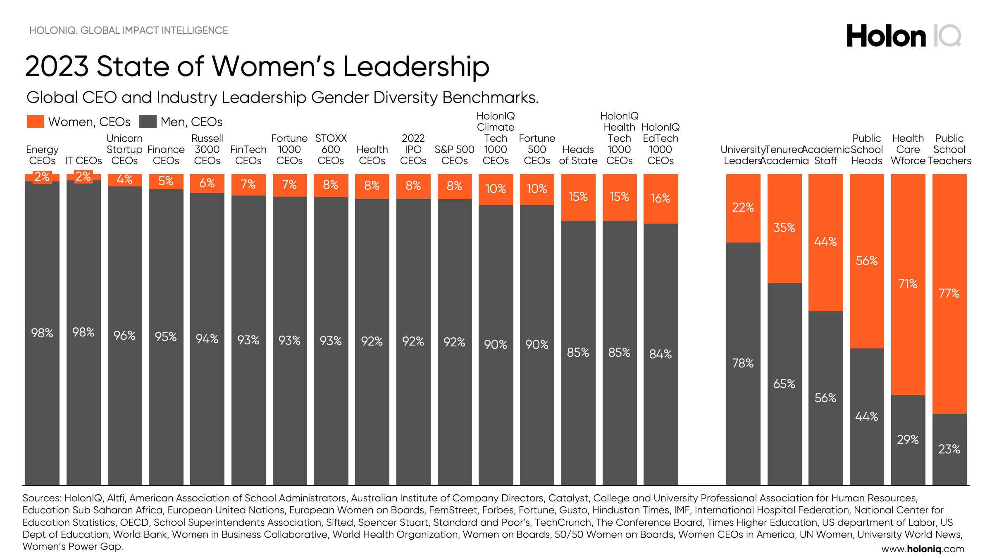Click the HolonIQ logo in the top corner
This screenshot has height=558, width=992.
pyautogui.click(x=904, y=36)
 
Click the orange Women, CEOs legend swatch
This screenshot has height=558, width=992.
pyautogui.click(x=36, y=122)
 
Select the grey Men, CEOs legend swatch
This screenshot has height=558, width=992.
pyautogui.click(x=148, y=122)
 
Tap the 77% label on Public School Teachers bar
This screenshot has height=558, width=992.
pyautogui.click(x=949, y=293)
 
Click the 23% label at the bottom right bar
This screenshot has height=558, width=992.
pyautogui.click(x=949, y=449)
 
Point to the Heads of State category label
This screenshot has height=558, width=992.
pyautogui.click(x=578, y=155)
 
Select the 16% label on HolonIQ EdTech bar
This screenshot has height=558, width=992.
pyautogui.click(x=661, y=198)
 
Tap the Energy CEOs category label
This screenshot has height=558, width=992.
pyautogui.click(x=42, y=155)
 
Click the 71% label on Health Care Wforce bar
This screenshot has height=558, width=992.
pyautogui.click(x=908, y=284)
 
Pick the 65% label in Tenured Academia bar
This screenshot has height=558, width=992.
pyautogui.click(x=784, y=384)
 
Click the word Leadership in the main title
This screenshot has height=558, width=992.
pyautogui.click(x=416, y=67)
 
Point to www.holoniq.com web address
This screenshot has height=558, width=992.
pyautogui.click(x=923, y=549)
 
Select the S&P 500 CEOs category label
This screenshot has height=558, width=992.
pyautogui.click(x=454, y=155)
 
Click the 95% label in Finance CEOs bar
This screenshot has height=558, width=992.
pyautogui.click(x=166, y=337)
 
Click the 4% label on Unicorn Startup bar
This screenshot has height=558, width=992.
pyautogui.click(x=124, y=179)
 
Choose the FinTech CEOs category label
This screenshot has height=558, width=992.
pyautogui.click(x=248, y=155)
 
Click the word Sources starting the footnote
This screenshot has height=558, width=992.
pyautogui.click(x=42, y=498)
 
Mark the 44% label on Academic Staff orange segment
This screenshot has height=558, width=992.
pyautogui.click(x=825, y=242)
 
